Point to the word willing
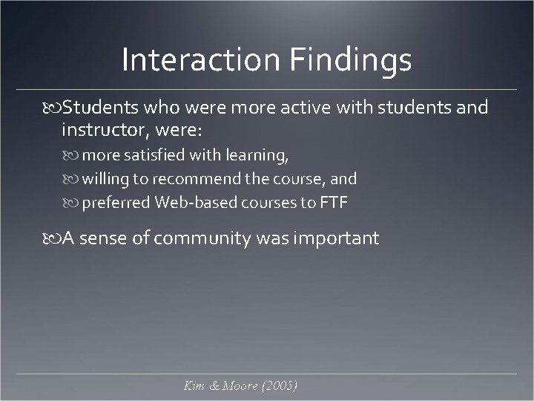[105, 179]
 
